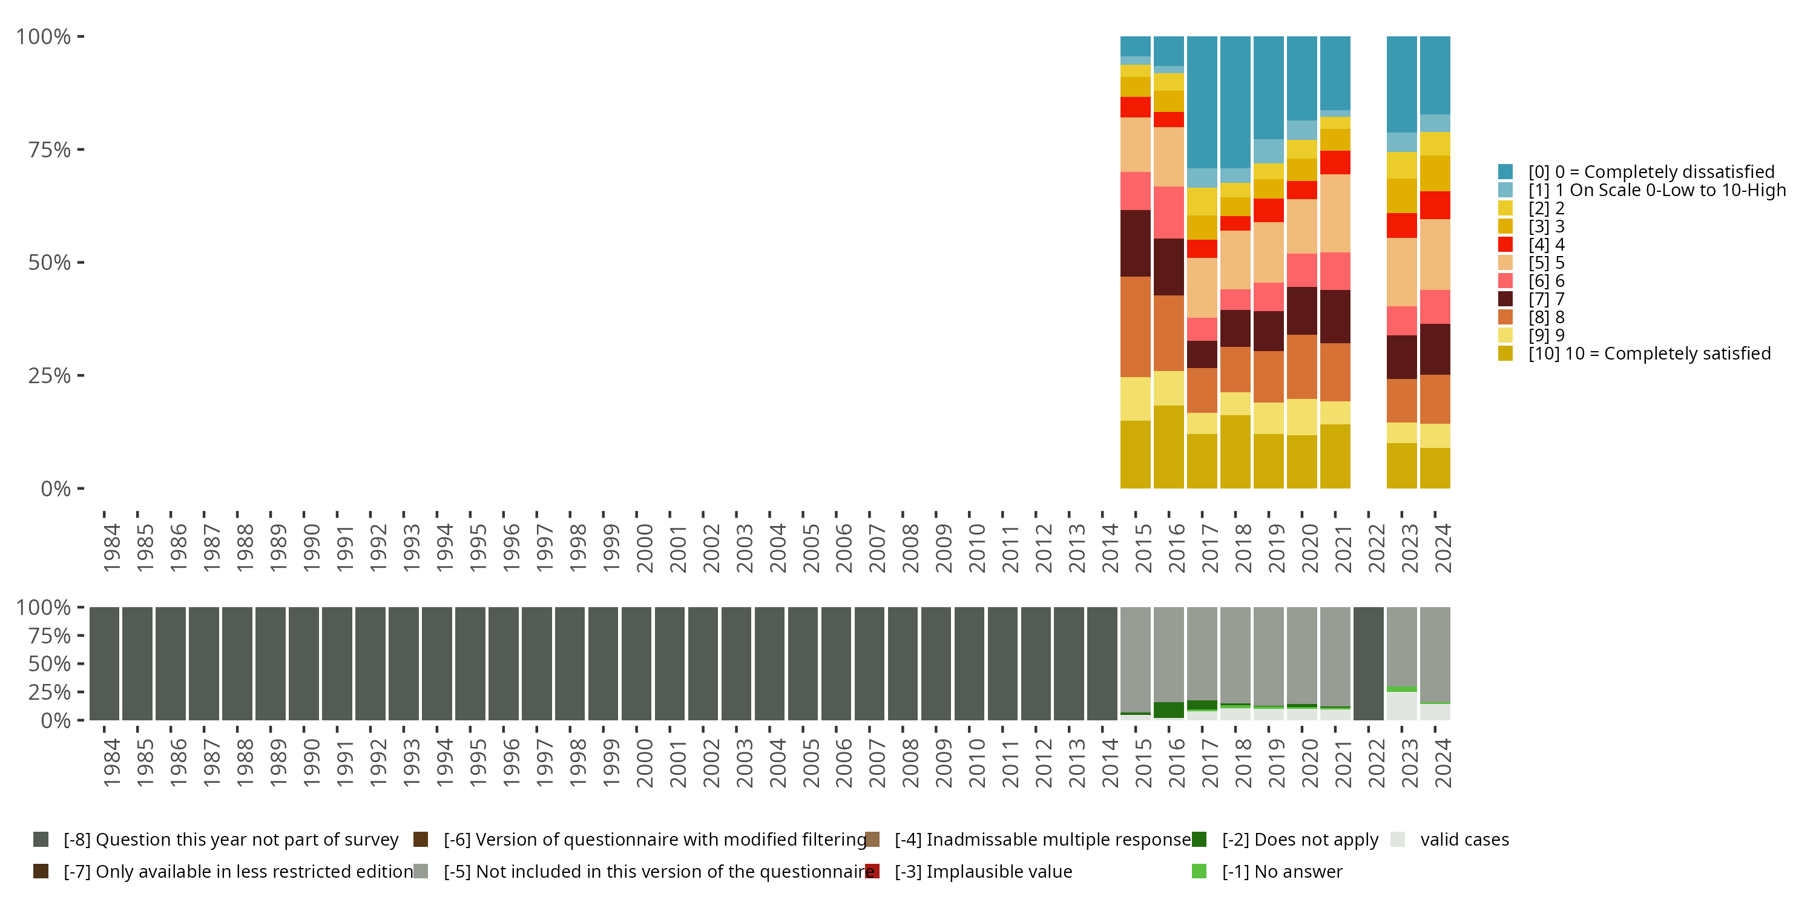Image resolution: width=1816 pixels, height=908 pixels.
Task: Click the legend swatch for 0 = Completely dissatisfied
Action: point(1505,171)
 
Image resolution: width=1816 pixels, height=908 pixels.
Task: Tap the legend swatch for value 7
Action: point(1505,299)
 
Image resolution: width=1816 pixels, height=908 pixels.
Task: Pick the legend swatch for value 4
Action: point(1505,245)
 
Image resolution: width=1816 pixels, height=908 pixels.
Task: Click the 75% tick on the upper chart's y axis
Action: point(81,150)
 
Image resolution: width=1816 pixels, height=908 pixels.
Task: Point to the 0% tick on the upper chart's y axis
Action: point(81,488)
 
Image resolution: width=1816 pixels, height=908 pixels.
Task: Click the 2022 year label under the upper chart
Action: point(1376,548)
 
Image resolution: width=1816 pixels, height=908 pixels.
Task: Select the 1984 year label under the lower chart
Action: point(111,763)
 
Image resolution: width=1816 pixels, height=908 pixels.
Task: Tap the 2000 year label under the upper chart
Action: point(643,548)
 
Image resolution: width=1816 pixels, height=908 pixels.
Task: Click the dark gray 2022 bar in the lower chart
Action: point(1368,663)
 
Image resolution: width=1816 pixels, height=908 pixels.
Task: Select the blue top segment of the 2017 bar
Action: point(1202,102)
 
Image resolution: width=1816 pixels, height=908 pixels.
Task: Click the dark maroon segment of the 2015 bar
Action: point(1135,243)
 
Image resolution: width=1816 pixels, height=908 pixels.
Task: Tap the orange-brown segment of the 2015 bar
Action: point(1135,326)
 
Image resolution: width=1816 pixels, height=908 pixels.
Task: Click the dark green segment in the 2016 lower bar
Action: point(1168,710)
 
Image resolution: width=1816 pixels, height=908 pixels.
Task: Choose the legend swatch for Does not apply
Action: point(1199,839)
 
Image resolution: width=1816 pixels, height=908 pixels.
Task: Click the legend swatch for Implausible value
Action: point(872,871)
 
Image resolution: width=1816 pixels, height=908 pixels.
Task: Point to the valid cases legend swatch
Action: point(1397,839)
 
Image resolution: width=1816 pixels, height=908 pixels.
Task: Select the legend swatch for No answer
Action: point(1199,871)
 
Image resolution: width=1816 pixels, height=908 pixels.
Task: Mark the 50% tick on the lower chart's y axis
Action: point(81,663)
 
